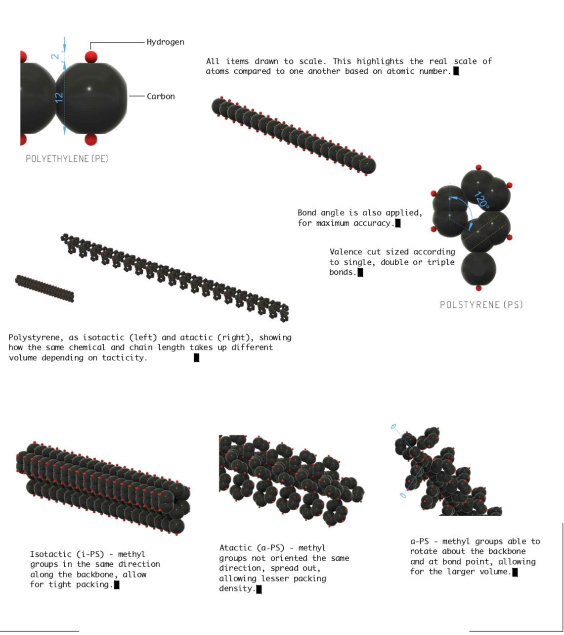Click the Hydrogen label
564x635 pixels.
[165, 42]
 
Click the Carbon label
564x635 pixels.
[161, 96]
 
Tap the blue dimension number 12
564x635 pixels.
[59, 98]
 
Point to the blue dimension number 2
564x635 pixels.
[55, 56]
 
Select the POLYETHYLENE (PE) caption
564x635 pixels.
[67, 158]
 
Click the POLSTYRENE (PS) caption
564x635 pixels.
[481, 305]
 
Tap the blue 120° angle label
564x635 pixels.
[482, 200]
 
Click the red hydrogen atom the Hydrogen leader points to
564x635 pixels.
[91, 57]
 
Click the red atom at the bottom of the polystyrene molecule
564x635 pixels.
[478, 288]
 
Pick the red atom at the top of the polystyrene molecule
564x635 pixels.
[478, 167]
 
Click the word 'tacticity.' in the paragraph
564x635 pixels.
[125, 358]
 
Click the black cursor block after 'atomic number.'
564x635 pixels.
[456, 71]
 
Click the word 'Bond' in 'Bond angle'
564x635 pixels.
[306, 212]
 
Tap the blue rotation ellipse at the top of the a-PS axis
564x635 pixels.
[393, 426]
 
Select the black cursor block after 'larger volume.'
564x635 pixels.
[515, 572]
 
